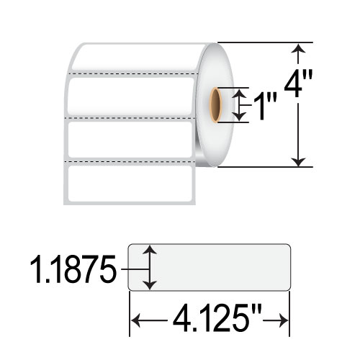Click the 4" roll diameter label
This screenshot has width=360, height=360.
(298, 84)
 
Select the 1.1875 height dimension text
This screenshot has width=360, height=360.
(73, 269)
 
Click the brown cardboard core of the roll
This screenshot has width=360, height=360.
(215, 105)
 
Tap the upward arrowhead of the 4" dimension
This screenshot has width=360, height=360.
(298, 48)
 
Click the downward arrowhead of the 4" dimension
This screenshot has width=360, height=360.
(298, 162)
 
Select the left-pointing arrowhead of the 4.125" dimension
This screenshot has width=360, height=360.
(135, 320)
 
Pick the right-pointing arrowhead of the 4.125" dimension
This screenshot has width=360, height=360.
(283, 320)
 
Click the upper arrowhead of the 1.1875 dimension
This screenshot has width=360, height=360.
(150, 250)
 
